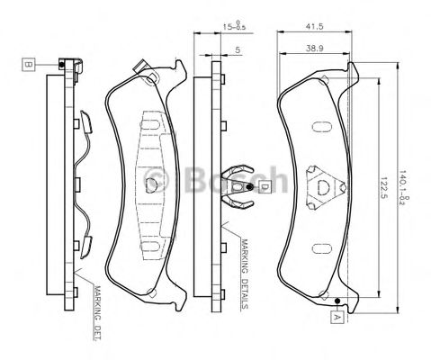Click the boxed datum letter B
click(x=28, y=65)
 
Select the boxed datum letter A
click(x=336, y=317)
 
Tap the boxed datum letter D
click(x=265, y=187)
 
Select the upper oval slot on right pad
click(x=321, y=123)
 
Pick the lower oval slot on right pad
click(x=321, y=247)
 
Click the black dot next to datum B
click(x=59, y=65)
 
